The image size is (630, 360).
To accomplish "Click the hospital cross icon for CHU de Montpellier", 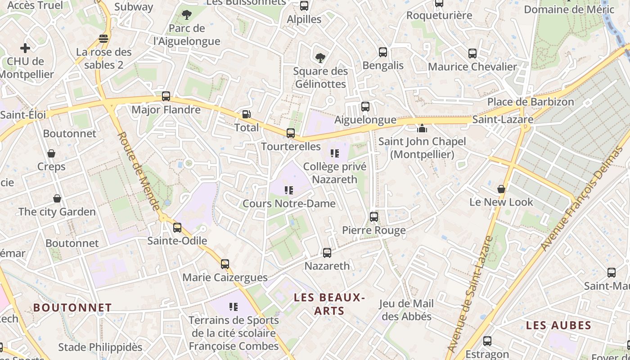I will pyautogui.click(x=25, y=48).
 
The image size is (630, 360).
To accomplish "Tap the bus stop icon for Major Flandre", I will pyautogui.click(x=166, y=96).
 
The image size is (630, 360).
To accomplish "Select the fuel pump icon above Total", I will pyautogui.click(x=246, y=114).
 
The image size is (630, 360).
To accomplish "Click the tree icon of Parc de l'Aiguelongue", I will pyautogui.click(x=187, y=15).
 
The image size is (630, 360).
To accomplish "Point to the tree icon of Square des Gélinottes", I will pyautogui.click(x=320, y=58).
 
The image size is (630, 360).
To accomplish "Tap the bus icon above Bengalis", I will pyautogui.click(x=383, y=52).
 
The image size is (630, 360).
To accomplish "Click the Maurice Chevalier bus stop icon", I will pyautogui.click(x=472, y=54).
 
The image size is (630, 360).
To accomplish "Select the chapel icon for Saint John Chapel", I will pyautogui.click(x=422, y=129).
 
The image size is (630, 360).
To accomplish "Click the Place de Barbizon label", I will pyautogui.click(x=531, y=102).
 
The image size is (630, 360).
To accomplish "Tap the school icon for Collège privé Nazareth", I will pyautogui.click(x=334, y=153).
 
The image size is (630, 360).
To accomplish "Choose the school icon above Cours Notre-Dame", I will pyautogui.click(x=289, y=190).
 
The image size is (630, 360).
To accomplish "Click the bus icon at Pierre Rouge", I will pyautogui.click(x=374, y=217).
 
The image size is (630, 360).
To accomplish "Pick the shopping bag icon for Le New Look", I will pyautogui.click(x=501, y=189).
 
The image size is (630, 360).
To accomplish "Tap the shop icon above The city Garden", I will pyautogui.click(x=57, y=198).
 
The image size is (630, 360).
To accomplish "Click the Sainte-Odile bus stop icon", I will pyautogui.click(x=177, y=227).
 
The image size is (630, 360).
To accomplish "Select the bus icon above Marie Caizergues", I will pyautogui.click(x=225, y=264).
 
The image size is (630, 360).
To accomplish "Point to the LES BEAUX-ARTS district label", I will pyautogui.click(x=328, y=304).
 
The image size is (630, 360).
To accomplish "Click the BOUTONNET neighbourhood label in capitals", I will pyautogui.click(x=72, y=308).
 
